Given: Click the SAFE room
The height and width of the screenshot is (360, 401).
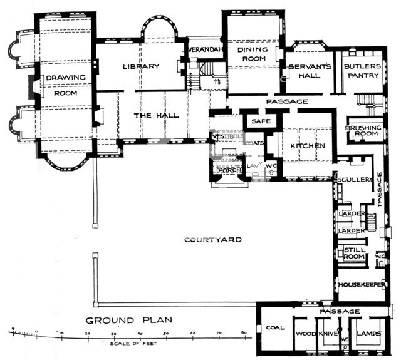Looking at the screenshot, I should point(259,121).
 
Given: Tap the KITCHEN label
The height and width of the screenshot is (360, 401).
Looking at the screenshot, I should point(307,146).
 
